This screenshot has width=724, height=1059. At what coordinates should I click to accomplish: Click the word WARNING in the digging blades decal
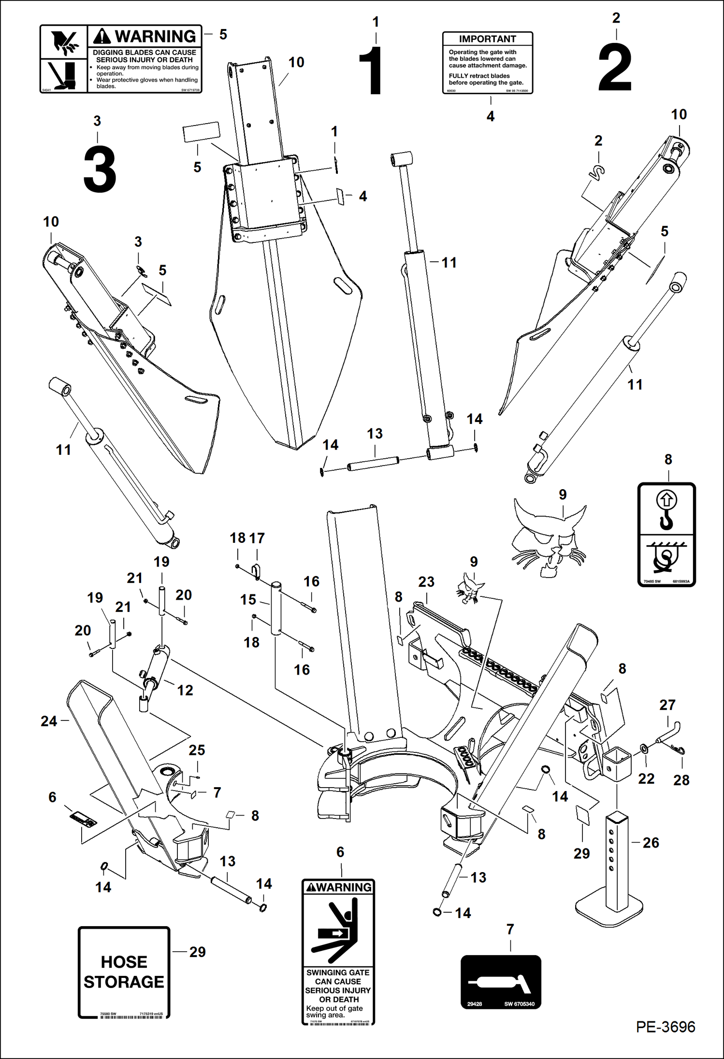[x=155, y=37]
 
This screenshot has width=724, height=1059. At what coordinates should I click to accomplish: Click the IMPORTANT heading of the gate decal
[x=487, y=39]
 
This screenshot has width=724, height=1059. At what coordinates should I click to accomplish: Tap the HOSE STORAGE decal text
[x=124, y=972]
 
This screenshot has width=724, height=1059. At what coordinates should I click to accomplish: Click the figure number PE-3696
[x=665, y=1040]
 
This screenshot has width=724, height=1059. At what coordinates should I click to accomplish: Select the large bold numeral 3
[x=100, y=170]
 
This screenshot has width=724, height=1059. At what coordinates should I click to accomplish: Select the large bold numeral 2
[x=615, y=68]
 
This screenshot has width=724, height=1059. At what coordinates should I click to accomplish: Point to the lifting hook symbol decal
[x=666, y=534]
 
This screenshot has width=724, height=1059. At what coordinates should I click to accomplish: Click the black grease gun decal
[x=501, y=982]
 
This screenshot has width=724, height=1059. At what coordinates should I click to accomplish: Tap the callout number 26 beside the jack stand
[x=651, y=843]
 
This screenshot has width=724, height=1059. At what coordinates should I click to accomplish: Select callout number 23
[x=426, y=582]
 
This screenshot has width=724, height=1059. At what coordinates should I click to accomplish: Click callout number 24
[x=49, y=721]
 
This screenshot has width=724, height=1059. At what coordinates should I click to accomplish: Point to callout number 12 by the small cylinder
[x=185, y=690]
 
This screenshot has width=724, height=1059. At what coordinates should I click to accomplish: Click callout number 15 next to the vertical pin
[x=248, y=600]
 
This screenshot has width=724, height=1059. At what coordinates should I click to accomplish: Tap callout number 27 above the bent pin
[x=667, y=705]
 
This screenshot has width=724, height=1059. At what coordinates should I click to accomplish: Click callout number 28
[x=681, y=780]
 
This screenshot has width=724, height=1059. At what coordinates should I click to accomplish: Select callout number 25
[x=197, y=750]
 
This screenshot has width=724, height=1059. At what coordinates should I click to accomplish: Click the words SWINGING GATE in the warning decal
[x=337, y=973]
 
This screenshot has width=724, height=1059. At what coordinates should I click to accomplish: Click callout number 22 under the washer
[x=646, y=778]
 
